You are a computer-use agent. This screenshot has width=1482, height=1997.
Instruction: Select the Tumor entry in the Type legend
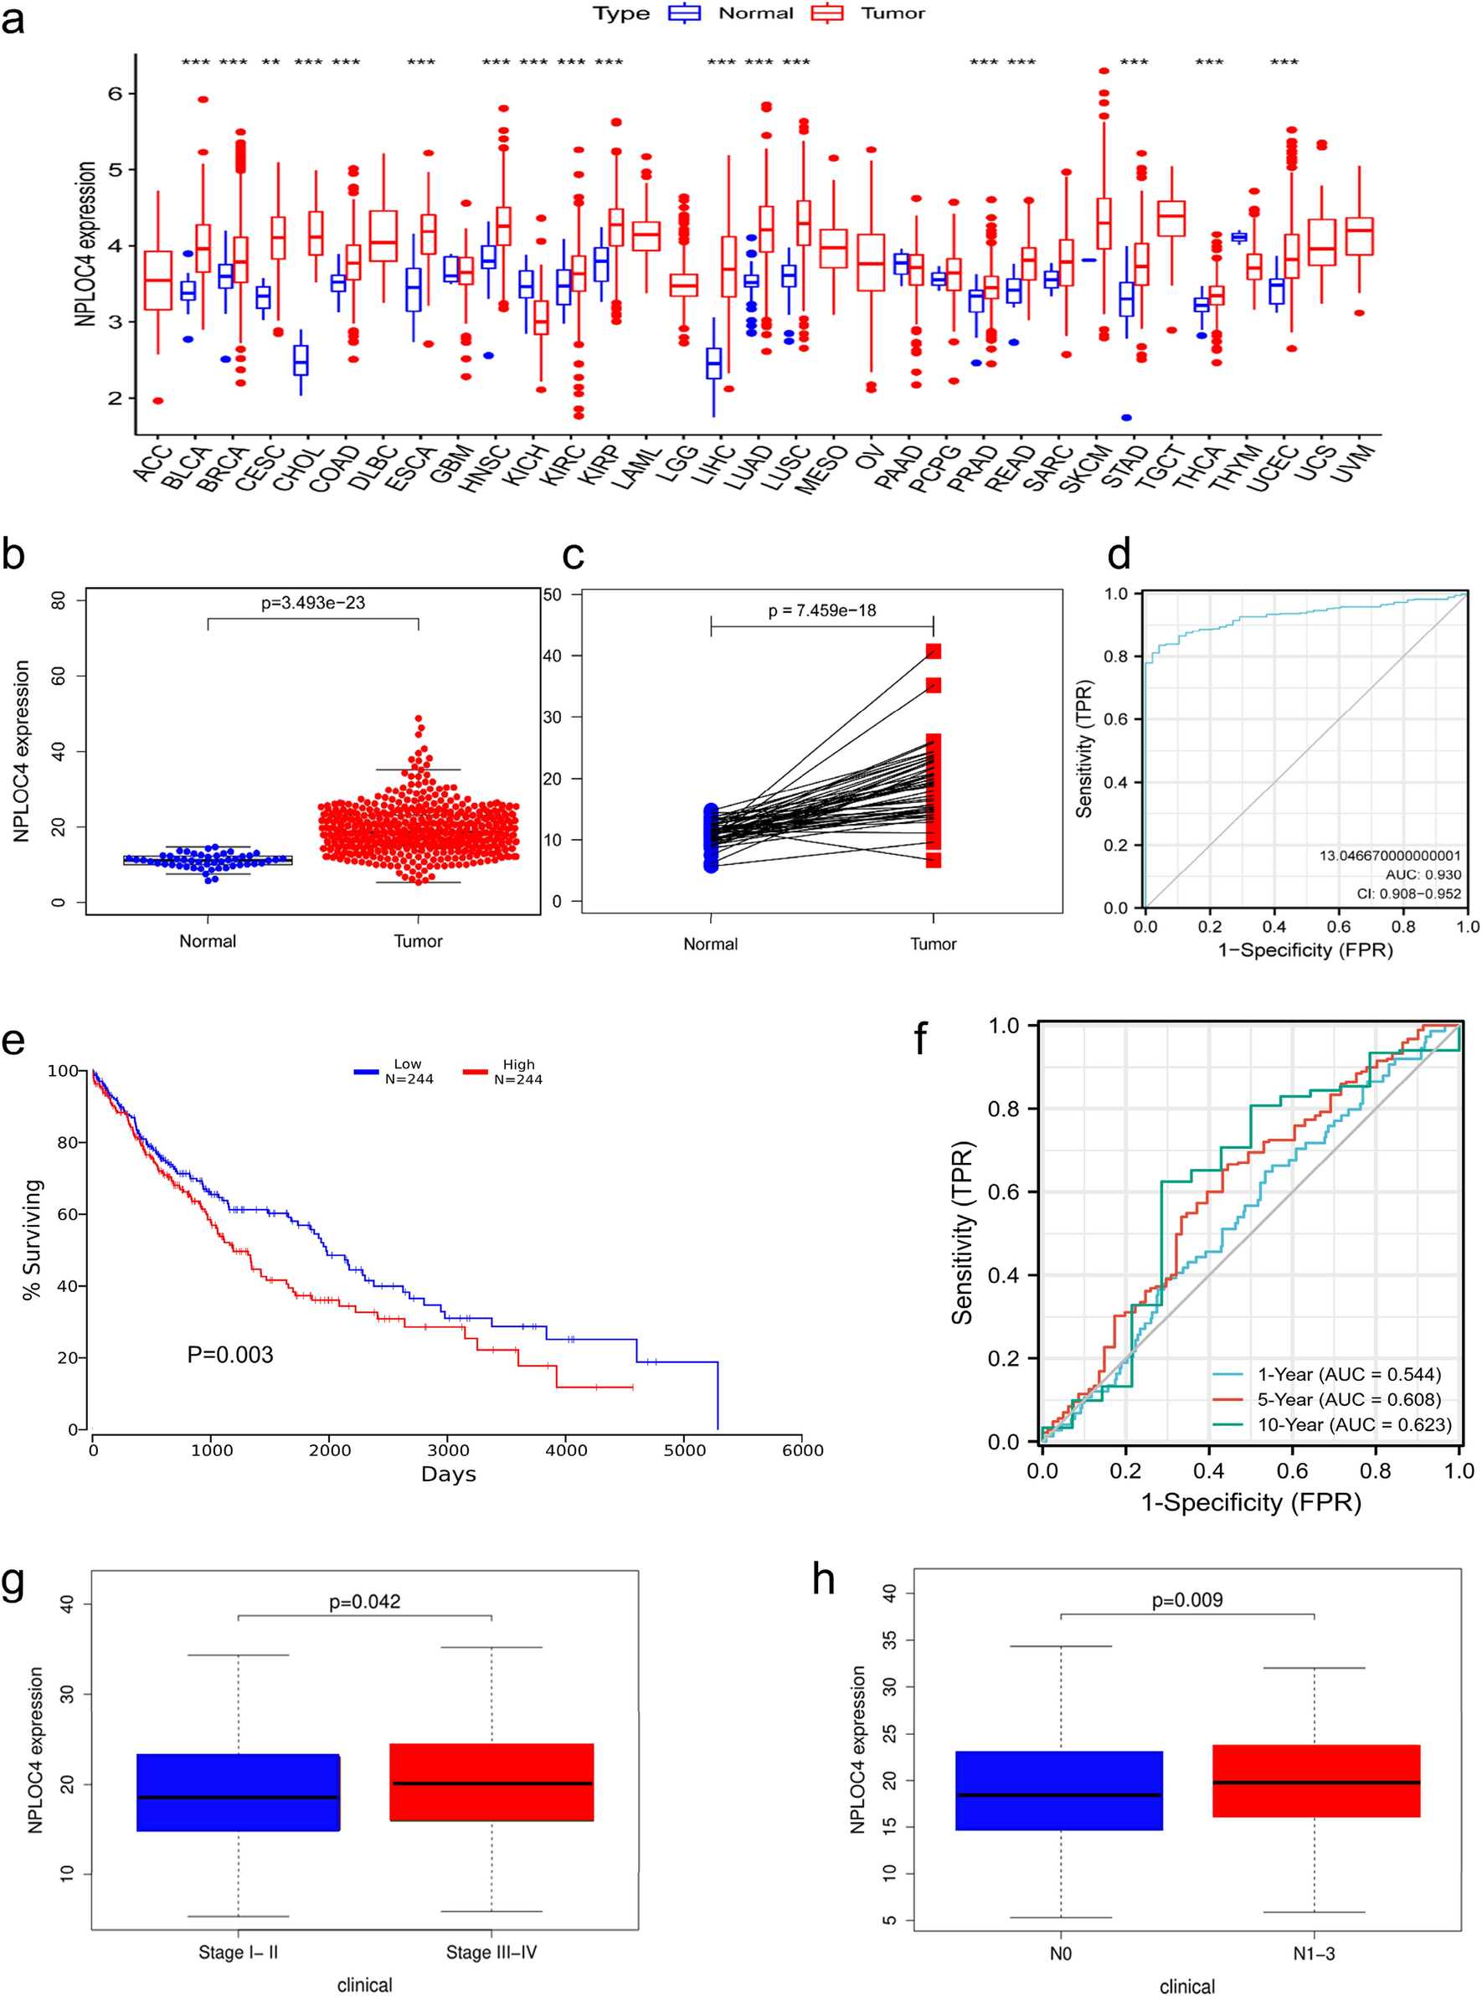[893, 13]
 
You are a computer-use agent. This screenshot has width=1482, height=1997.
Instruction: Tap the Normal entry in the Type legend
[755, 13]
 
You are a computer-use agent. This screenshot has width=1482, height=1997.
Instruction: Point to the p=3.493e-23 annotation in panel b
[313, 603]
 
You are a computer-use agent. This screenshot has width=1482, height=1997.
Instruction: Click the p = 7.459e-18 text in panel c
[821, 610]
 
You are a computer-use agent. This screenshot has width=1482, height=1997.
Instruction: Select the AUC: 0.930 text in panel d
[1423, 874]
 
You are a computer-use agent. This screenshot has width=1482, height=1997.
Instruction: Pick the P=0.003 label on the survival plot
[229, 1355]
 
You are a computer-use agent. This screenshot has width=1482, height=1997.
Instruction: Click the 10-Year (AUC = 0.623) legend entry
[1354, 1424]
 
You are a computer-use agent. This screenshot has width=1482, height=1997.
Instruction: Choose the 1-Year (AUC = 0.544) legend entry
[1349, 1374]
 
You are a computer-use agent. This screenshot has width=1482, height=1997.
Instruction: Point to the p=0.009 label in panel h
[1187, 1599]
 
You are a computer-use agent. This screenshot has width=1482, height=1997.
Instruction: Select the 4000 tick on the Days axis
[566, 1449]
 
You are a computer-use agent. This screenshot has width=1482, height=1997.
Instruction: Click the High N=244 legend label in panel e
[517, 1072]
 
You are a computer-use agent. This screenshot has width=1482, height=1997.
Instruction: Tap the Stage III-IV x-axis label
[491, 1952]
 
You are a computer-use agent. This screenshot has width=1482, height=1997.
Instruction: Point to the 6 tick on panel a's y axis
[115, 93]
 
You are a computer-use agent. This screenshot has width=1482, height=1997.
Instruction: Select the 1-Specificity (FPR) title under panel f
[1251, 1502]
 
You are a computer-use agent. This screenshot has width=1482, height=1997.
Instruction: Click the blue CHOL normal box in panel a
[301, 360]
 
